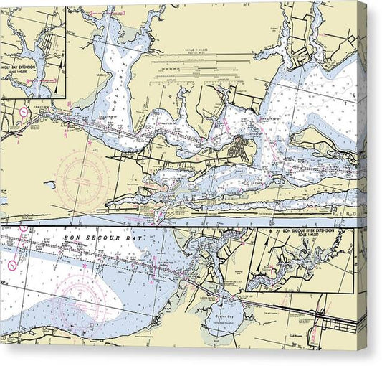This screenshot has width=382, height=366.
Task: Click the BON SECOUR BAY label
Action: [x=105, y=237]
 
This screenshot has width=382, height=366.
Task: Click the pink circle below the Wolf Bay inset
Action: [x=24, y=112]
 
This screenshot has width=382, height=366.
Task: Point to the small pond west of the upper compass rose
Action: [x=49, y=184]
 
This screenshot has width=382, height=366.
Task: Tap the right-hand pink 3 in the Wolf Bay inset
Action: [x=49, y=82]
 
